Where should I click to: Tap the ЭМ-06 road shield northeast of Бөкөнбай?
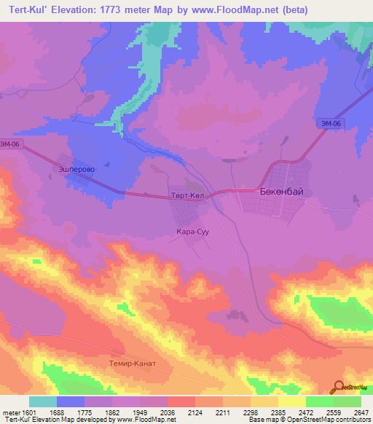331,125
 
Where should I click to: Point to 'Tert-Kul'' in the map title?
25,10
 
